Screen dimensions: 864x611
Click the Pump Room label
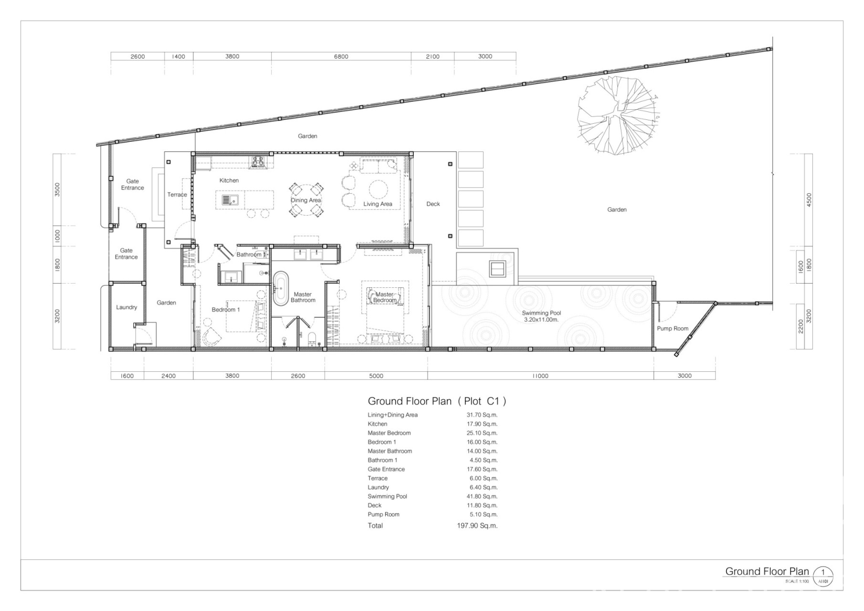pyautogui.click(x=673, y=328)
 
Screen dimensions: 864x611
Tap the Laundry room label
pyautogui.click(x=126, y=307)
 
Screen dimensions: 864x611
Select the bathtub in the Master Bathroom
pyautogui.click(x=281, y=288)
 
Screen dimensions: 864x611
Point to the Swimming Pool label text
pyautogui.click(x=541, y=313)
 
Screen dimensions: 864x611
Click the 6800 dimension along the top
pyautogui.click(x=341, y=56)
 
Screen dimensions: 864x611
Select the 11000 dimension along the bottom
pyautogui.click(x=540, y=376)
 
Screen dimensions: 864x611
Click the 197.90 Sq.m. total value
pyautogui.click(x=477, y=526)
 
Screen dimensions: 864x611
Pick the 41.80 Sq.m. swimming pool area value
pyautogui.click(x=482, y=496)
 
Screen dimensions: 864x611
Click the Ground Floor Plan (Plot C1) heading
pyautogui.click(x=437, y=401)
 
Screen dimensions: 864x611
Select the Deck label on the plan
pyautogui.click(x=433, y=204)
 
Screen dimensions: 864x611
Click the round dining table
pyautogui.click(x=306, y=200)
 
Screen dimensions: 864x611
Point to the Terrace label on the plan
pyautogui.click(x=177, y=195)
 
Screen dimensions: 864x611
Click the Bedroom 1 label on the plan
pyautogui.click(x=226, y=310)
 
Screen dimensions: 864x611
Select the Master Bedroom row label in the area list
pyautogui.click(x=389, y=433)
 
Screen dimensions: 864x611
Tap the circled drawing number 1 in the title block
pyautogui.click(x=823, y=572)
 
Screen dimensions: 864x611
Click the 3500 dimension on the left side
pyautogui.click(x=57, y=190)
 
